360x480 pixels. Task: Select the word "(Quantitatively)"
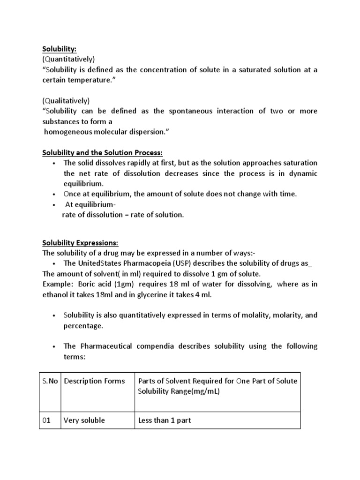68,59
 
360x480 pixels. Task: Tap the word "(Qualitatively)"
66,101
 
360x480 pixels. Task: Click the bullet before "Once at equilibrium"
55,194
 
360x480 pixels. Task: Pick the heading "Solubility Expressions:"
81,243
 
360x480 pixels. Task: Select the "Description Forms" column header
94,381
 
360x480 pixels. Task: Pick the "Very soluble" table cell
84,420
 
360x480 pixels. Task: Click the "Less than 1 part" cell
165,420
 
